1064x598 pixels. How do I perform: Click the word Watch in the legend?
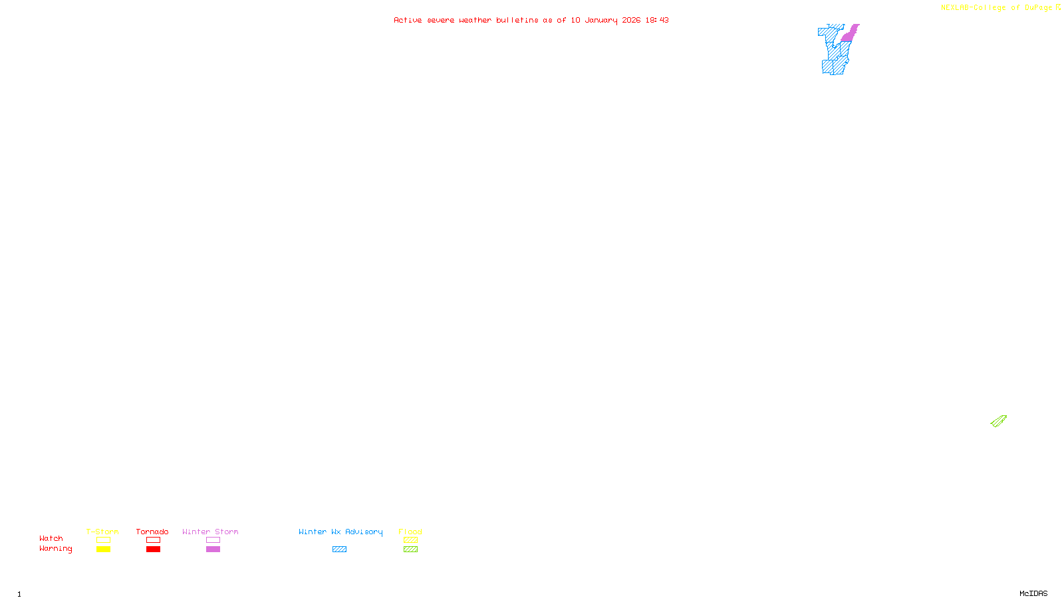pos(51,539)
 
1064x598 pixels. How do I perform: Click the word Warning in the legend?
pos(55,549)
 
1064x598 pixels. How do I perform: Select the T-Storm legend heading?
pos(102,532)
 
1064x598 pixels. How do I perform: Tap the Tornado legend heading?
pos(152,532)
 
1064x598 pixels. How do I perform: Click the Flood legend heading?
pos(410,532)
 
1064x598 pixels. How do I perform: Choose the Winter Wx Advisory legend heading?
pos(340,532)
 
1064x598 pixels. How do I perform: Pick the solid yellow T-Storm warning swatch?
pos(103,549)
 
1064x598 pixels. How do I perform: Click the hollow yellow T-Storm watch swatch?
pos(103,540)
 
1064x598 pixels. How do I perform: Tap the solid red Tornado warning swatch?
pos(154,549)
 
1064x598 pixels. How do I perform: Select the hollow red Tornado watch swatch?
pos(154,540)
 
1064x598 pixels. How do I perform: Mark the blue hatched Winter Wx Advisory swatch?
pos(339,549)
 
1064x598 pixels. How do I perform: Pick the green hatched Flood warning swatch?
pos(410,549)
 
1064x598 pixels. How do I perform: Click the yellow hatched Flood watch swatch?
pos(410,540)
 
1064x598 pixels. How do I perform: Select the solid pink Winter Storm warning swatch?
pos(213,549)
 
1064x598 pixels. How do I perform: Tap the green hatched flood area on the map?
pos(999,421)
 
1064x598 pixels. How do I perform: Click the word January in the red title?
pos(601,20)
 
